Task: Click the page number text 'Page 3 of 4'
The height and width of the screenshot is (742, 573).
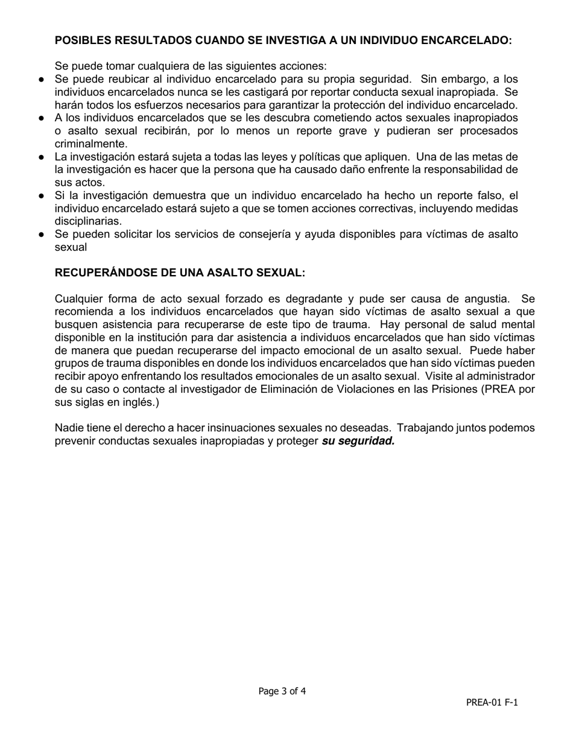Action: [x=282, y=691]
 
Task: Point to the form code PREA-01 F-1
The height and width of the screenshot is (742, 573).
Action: [x=492, y=702]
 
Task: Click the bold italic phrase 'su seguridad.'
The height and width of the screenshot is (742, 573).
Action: [x=358, y=441]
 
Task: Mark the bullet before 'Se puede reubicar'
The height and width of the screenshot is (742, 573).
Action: [x=42, y=79]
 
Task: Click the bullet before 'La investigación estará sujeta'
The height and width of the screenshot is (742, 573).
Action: [x=42, y=157]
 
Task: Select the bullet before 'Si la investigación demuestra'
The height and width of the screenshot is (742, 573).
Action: [x=42, y=195]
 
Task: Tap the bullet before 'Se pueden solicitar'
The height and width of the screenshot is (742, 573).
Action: [x=42, y=234]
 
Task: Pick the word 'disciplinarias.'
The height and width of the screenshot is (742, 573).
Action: [x=88, y=221]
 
